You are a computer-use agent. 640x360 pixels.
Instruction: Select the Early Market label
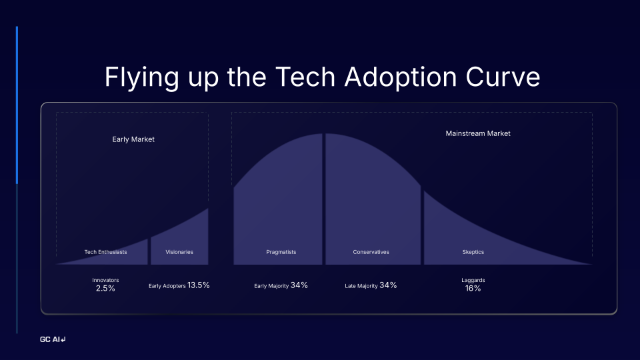pyautogui.click(x=133, y=139)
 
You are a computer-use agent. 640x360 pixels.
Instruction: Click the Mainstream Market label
pyautogui.click(x=478, y=133)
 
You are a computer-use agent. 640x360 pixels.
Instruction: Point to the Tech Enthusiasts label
pyautogui.click(x=105, y=252)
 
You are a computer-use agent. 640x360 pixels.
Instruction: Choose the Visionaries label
pyautogui.click(x=179, y=252)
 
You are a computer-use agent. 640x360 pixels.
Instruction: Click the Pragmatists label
pyautogui.click(x=281, y=252)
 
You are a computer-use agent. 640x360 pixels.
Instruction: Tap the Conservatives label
pyautogui.click(x=371, y=252)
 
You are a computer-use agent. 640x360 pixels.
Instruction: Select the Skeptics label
pyautogui.click(x=473, y=252)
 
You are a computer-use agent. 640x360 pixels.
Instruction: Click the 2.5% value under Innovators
pyautogui.click(x=105, y=289)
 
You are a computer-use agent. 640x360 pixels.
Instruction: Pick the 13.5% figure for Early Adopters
pyautogui.click(x=199, y=285)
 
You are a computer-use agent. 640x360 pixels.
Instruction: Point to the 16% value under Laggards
pyautogui.click(x=473, y=289)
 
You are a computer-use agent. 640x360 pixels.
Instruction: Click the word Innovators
pyautogui.click(x=105, y=280)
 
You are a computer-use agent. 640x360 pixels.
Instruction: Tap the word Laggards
pyautogui.click(x=473, y=280)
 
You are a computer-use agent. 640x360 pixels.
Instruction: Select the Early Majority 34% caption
pyautogui.click(x=281, y=285)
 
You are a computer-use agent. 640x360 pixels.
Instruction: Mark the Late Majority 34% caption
pyautogui.click(x=371, y=285)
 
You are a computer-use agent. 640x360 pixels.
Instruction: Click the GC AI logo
pyautogui.click(x=53, y=340)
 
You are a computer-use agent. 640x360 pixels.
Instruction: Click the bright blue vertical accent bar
pyautogui.click(x=17, y=105)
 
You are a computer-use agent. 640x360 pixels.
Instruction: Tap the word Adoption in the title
pyautogui.click(x=387, y=77)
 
